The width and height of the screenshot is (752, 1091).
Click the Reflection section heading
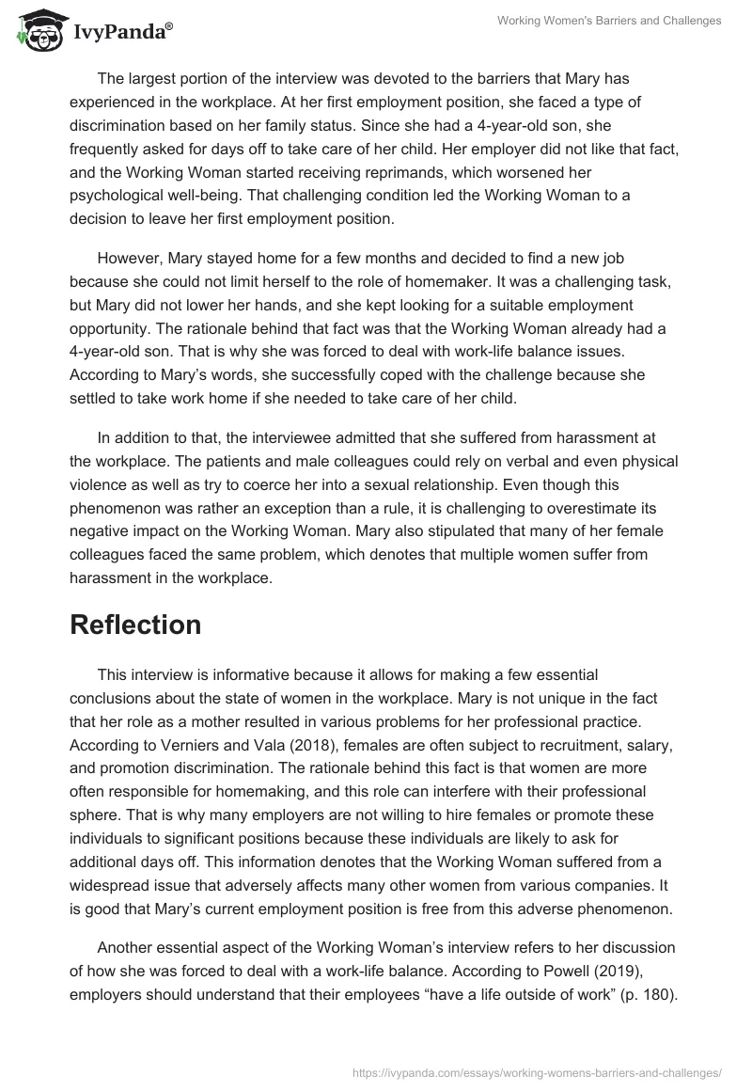(x=135, y=625)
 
